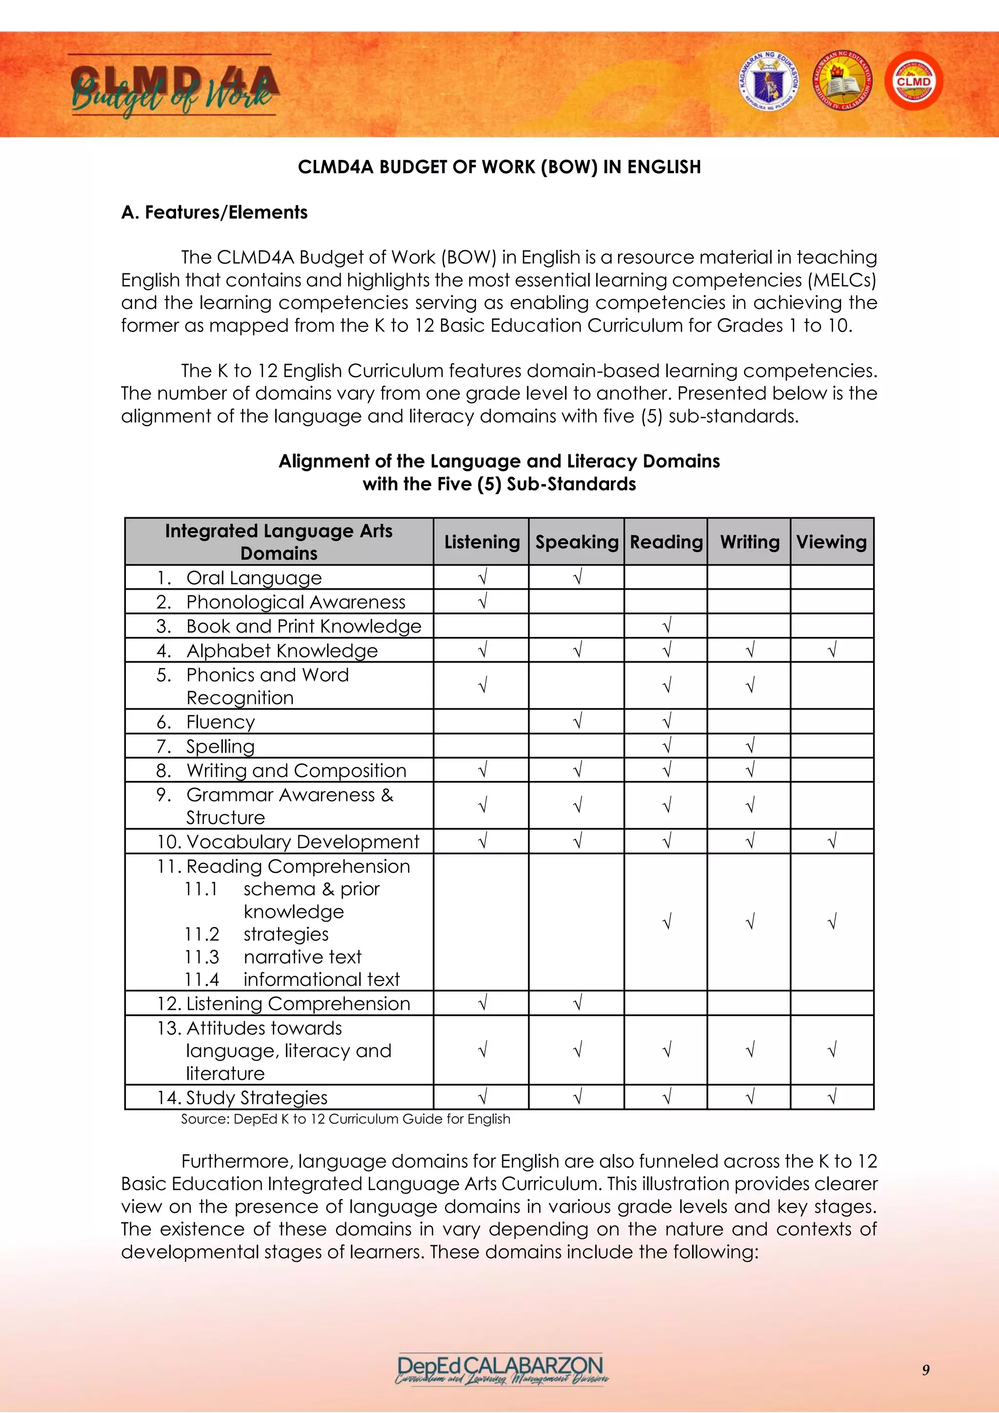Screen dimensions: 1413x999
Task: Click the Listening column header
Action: click(x=481, y=542)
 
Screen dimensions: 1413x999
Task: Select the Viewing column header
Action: click(x=831, y=542)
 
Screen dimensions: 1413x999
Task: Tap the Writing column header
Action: click(x=749, y=542)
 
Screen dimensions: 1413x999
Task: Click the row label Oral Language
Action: click(x=254, y=578)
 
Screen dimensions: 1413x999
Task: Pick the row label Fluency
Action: click(x=220, y=722)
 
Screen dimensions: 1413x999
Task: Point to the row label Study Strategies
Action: click(x=257, y=1097)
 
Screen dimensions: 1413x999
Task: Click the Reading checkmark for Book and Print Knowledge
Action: click(x=666, y=626)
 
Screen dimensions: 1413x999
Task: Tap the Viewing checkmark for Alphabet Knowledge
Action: click(x=832, y=650)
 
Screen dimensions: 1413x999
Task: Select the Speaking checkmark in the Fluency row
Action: click(x=577, y=721)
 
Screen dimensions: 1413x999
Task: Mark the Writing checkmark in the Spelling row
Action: click(x=749, y=746)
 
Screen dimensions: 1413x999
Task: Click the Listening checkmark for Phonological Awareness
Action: click(x=482, y=601)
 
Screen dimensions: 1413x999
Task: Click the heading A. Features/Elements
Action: click(x=214, y=212)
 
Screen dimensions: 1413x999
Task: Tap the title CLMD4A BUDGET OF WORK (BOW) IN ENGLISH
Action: click(x=499, y=167)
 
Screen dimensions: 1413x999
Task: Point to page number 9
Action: click(x=925, y=1370)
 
